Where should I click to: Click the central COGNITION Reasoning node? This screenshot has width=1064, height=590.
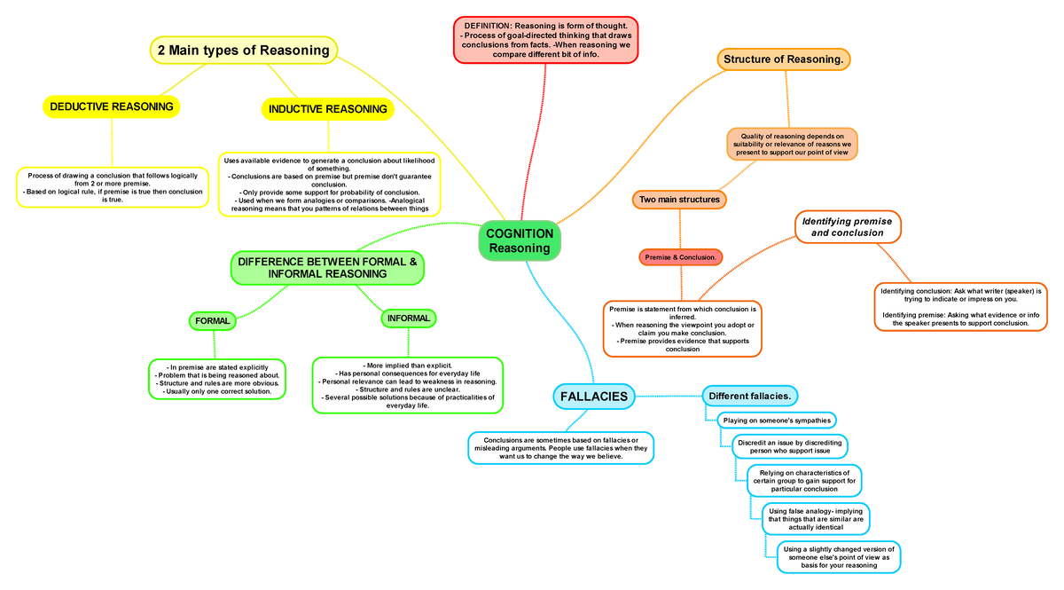click(520, 240)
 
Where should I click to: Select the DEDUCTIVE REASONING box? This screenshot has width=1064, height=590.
click(112, 107)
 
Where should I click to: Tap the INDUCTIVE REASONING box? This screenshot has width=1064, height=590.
click(328, 109)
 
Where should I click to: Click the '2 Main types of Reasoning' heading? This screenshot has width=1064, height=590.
click(243, 51)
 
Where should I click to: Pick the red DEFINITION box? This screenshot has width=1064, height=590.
click(545, 40)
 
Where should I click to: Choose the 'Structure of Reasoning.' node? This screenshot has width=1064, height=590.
click(783, 59)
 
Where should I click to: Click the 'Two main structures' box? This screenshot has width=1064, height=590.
click(679, 200)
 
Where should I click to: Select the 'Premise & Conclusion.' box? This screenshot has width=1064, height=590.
click(681, 257)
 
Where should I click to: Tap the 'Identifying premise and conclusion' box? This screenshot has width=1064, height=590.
click(847, 226)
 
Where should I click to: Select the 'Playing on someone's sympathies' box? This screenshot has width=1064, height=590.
click(777, 420)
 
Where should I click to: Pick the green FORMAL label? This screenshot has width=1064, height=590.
click(213, 321)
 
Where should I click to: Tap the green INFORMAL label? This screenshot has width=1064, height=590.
click(409, 319)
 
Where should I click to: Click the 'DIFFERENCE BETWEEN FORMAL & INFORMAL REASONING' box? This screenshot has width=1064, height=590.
click(327, 268)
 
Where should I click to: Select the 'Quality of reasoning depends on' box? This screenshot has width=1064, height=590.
click(792, 144)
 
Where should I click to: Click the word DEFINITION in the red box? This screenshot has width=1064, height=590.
click(493, 26)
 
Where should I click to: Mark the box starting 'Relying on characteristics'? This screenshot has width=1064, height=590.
click(803, 480)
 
